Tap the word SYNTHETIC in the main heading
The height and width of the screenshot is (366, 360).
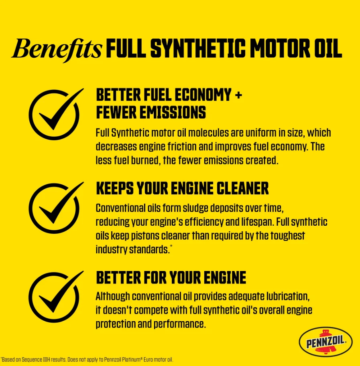[x=198, y=49]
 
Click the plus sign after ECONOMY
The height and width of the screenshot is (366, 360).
[x=238, y=95]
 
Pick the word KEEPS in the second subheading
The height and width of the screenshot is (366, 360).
[x=115, y=188]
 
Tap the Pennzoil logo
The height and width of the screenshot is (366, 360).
[x=326, y=342]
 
